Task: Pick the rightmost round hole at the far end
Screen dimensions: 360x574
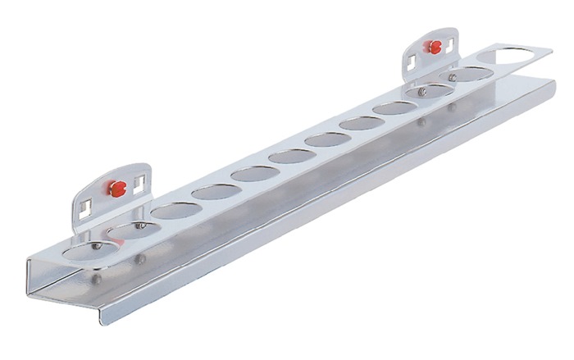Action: pos(513,55)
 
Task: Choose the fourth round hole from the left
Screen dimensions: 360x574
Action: pos(215,192)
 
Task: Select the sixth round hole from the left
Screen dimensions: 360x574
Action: pos(292,157)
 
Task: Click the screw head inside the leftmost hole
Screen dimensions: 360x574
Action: pos(97,245)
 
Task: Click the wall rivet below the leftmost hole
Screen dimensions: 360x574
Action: pos(97,278)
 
